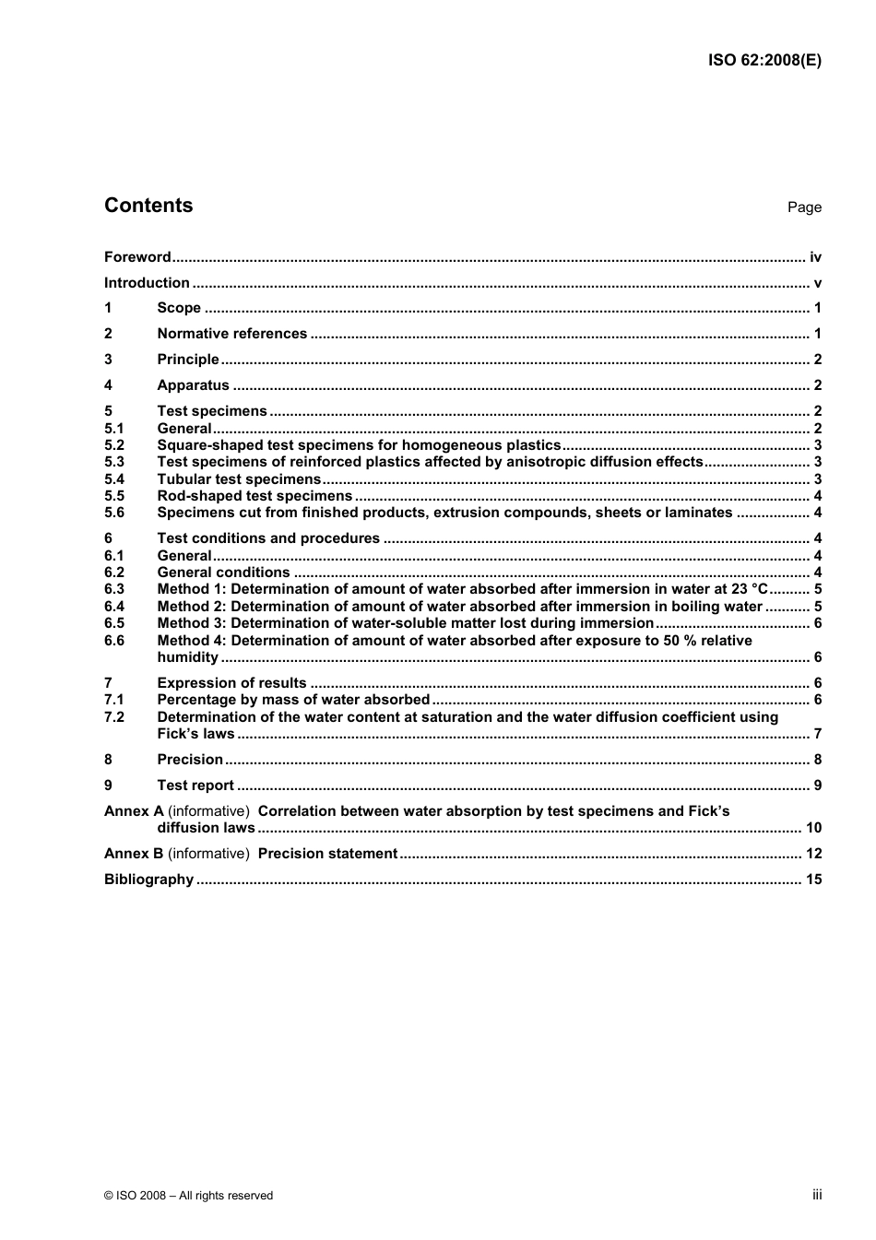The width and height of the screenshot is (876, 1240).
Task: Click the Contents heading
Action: pos(148,206)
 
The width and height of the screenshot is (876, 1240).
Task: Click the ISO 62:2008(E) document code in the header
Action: pos(764,60)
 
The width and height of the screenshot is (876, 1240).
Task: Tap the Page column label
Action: pos(803,207)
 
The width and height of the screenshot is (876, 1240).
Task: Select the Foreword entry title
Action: pos(137,257)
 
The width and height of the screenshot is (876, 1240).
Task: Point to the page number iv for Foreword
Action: pos(815,257)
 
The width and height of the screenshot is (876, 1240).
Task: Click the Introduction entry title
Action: pos(147,283)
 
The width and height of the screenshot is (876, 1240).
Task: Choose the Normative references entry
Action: pos(231,334)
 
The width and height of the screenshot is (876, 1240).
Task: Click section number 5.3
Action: pos(114,462)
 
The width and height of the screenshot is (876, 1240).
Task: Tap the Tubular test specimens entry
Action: pos(239,479)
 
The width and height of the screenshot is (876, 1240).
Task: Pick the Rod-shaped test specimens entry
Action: pos(255,496)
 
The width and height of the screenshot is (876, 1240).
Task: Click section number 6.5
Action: pos(114,623)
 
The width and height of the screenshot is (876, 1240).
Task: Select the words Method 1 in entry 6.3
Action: pos(191,589)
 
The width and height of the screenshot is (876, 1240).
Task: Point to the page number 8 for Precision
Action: pos(817,760)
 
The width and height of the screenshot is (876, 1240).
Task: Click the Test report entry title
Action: pos(195,785)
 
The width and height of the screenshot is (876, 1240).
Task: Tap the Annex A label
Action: pos(134,811)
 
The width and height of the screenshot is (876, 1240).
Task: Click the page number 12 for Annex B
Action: pos(813,854)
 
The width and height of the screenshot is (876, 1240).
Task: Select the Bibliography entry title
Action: pos(148,880)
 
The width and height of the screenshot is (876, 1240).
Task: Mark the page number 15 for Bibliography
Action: pos(813,880)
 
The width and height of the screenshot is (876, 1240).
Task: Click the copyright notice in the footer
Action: pos(188,1196)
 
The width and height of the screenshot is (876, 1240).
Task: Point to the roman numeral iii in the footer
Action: pos(817,1195)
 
